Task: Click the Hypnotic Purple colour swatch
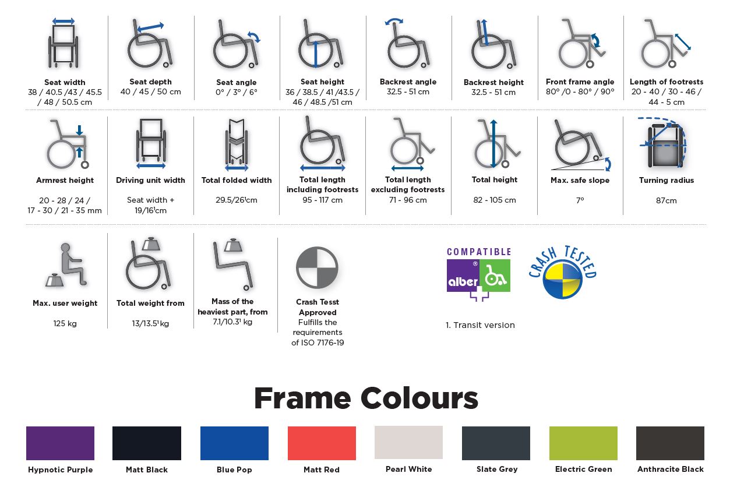(x=60, y=443)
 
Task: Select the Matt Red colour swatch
(x=322, y=443)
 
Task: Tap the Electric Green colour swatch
(x=583, y=443)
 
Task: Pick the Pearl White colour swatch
(x=408, y=442)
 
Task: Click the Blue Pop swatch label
(x=234, y=470)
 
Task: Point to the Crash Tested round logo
(x=563, y=273)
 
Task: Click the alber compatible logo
(x=479, y=274)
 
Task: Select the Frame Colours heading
(x=366, y=398)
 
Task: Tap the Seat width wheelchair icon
(x=64, y=43)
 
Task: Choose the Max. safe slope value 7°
(x=580, y=200)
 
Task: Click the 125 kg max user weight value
(x=65, y=323)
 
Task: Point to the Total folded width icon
(x=237, y=145)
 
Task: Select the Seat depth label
(x=150, y=82)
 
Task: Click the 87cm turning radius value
(x=667, y=200)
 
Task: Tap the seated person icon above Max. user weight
(x=66, y=265)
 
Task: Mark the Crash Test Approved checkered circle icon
(x=317, y=267)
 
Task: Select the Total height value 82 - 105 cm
(x=495, y=200)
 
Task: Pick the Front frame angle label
(x=580, y=82)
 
